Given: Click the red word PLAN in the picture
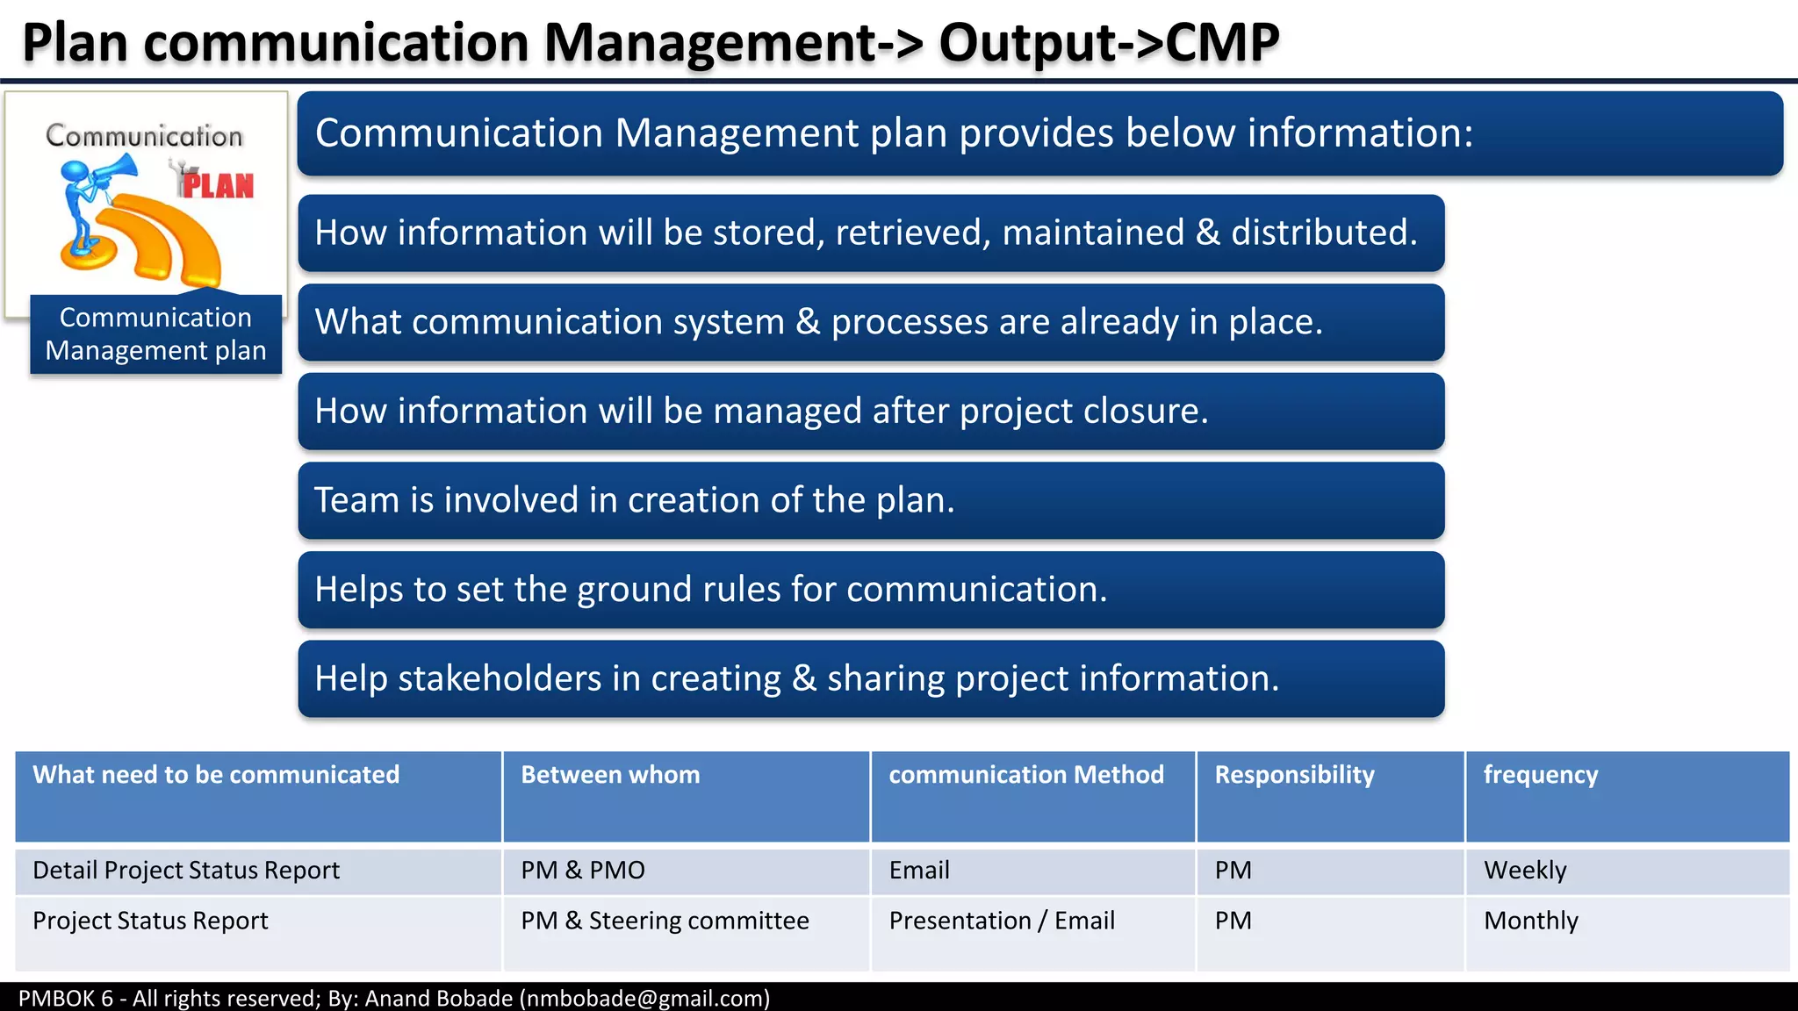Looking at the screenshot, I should [x=217, y=185].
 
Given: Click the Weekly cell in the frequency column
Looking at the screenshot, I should [x=1525, y=870].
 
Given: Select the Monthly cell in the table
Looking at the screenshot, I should [x=1530, y=921].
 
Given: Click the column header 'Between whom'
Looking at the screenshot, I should [x=610, y=775].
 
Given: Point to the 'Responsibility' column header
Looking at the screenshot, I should [x=1294, y=775].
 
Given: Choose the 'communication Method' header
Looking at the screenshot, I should [x=1025, y=775].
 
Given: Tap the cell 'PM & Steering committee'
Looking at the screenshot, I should [x=665, y=921].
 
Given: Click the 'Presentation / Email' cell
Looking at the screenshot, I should [x=1002, y=921].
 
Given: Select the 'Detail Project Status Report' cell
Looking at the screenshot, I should [x=186, y=870].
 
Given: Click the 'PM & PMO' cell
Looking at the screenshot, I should [x=582, y=870].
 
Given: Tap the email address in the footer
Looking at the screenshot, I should [x=644, y=999].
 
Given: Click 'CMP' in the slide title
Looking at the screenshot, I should [x=1222, y=42].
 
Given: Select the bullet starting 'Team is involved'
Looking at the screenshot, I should [x=634, y=500].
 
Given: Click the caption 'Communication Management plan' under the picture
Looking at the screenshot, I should [x=155, y=334].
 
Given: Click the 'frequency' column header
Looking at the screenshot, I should [x=1540, y=775].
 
